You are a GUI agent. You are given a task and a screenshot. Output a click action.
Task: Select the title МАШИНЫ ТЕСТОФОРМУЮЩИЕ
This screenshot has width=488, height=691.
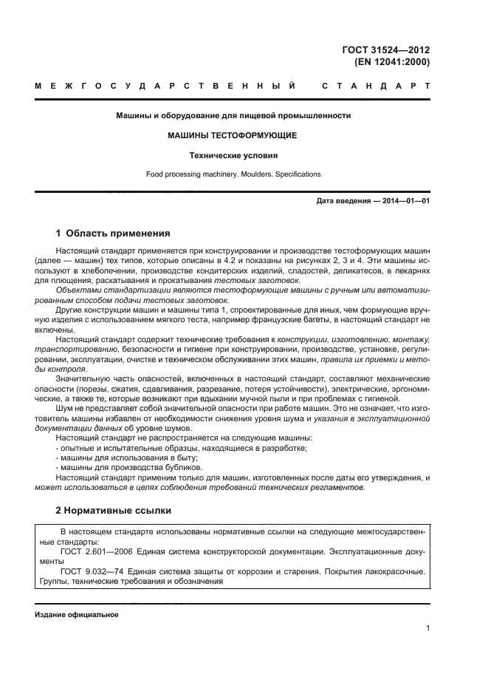(233, 136)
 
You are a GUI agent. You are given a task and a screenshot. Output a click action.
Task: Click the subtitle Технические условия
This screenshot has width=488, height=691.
(233, 155)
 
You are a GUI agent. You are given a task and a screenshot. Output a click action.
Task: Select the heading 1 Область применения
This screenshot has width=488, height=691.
(113, 233)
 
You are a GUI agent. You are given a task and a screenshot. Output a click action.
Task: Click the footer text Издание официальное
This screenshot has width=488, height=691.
(77, 615)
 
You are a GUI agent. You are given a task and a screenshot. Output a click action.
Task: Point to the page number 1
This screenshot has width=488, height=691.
(428, 628)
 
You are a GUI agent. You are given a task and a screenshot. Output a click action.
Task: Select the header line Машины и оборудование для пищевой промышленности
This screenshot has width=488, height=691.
(233, 115)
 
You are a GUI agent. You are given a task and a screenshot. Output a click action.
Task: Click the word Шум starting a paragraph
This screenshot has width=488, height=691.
(63, 408)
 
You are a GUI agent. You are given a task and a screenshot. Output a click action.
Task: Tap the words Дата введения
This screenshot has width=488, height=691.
(343, 201)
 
